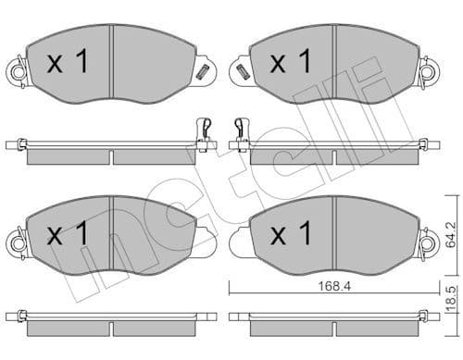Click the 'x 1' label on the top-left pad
[68, 63]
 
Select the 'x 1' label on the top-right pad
[290, 63]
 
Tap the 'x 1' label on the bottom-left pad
[68, 235]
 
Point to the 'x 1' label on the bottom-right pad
[290, 235]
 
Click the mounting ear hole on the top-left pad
[16, 70]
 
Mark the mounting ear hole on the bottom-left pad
[16, 243]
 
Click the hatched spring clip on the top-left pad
[201, 70]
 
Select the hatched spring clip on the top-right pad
[243, 70]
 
